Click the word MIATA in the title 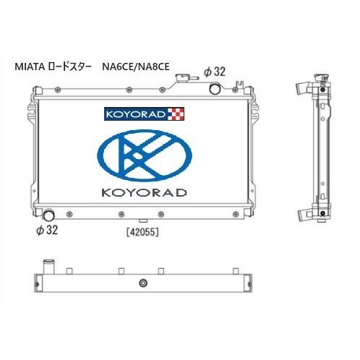click(x=30, y=67)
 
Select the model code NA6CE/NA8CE click(x=136, y=67)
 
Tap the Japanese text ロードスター click(x=70, y=67)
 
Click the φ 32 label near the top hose click(x=215, y=72)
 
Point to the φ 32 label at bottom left click(x=47, y=230)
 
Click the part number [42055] click(x=142, y=232)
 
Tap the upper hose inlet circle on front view click(x=215, y=88)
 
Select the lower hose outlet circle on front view click(x=49, y=215)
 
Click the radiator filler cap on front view click(x=182, y=78)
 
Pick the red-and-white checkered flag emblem click(x=176, y=114)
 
